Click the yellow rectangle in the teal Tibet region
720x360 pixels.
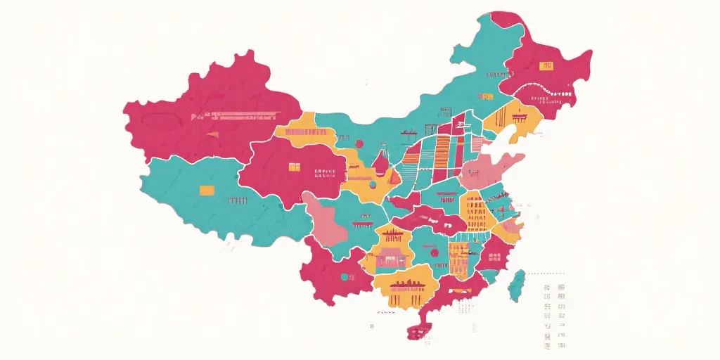207,190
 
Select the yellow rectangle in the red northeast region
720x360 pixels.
546,65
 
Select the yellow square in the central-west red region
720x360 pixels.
294,167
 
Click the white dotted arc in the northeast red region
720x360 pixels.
545,89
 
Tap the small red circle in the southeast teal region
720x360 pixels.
434,252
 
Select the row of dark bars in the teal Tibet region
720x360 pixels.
237,200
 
